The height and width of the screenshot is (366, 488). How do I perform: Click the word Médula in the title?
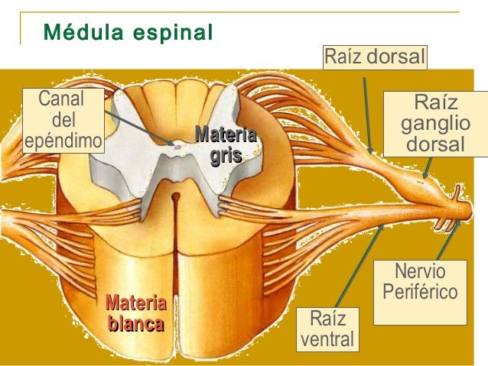tap(74, 34)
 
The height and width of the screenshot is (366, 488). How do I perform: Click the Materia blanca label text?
tap(135, 313)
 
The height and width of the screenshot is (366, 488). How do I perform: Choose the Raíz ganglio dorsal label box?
tap(435, 123)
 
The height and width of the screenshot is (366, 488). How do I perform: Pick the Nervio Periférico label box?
tap(420, 281)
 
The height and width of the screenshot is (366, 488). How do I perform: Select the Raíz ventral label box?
tap(327, 329)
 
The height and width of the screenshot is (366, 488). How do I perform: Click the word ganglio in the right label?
tap(435, 124)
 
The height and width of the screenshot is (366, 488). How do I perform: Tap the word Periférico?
tap(420, 292)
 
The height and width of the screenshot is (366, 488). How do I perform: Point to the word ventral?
tap(327, 338)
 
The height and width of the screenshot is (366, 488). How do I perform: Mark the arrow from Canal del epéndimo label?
tap(138, 127)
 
